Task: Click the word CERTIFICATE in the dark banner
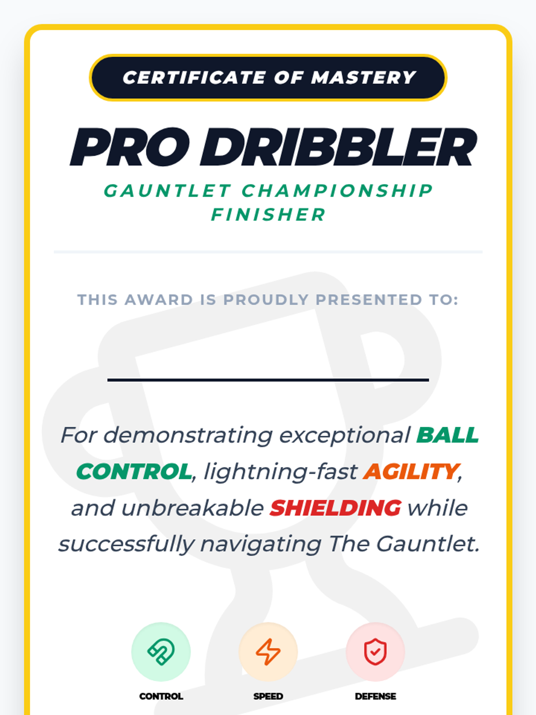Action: [x=194, y=77]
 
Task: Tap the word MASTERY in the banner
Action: [x=364, y=77]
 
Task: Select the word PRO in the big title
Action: [x=130, y=147]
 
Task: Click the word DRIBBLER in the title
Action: [x=339, y=147]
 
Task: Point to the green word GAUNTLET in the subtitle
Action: [x=167, y=190]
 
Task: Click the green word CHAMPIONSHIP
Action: [x=337, y=190]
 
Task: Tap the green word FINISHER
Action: [x=268, y=214]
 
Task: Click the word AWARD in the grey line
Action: [x=159, y=300]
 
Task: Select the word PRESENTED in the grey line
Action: [x=368, y=300]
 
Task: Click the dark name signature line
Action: [x=268, y=380]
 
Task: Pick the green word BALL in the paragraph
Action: [x=448, y=435]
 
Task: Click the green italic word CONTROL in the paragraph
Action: [x=134, y=471]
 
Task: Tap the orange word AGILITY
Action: [x=411, y=472]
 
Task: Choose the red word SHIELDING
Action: [x=335, y=508]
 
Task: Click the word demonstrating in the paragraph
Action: [x=188, y=436]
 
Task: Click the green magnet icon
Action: [x=161, y=652]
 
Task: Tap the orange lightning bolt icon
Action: [x=268, y=652]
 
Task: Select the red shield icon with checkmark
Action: [x=375, y=652]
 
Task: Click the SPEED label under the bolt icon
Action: [x=268, y=696]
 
